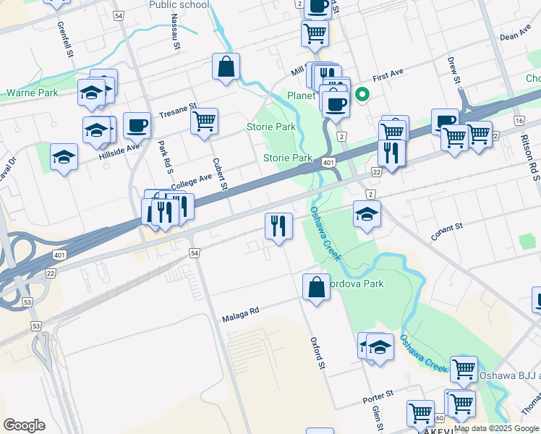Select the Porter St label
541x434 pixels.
pos(378,395)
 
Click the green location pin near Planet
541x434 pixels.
pos(362,95)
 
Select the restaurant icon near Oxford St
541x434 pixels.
pos(278,226)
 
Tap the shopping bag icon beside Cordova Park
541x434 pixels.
pos(316,287)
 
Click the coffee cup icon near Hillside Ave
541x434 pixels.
pos(137,126)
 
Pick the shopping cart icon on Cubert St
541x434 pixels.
pos(205,121)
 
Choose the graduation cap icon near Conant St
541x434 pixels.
pos(367,213)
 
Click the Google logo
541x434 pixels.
pos(25,425)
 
